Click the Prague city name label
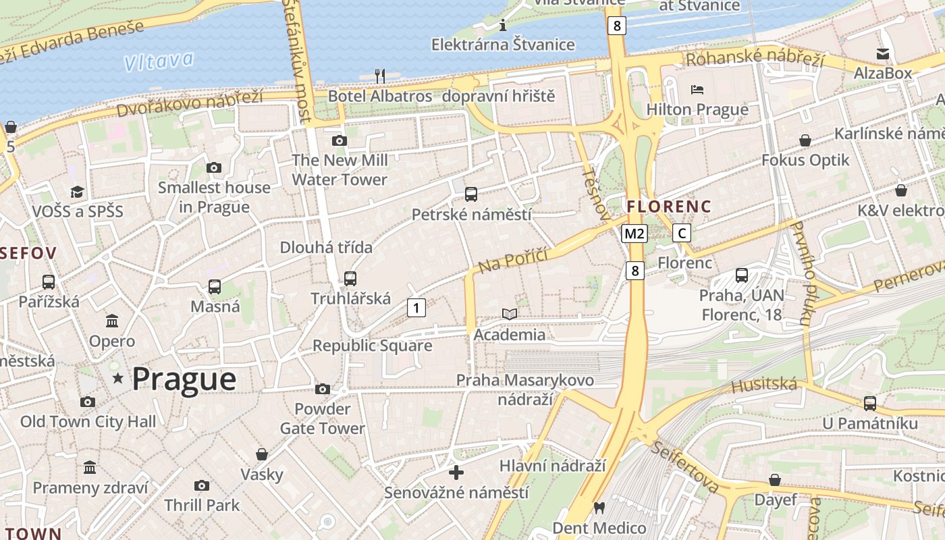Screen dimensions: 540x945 click(184, 379)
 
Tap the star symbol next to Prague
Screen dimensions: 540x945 click(118, 378)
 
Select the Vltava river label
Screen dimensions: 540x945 click(159, 61)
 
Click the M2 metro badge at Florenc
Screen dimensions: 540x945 click(634, 234)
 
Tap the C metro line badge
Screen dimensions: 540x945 click(682, 234)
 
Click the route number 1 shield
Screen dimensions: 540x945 click(416, 308)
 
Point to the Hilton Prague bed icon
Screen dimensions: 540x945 click(697, 90)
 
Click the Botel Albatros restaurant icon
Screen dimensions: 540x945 click(380, 75)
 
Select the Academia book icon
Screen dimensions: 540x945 click(510, 315)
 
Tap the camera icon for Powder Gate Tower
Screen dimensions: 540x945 click(323, 389)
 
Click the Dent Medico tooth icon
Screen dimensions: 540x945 click(599, 508)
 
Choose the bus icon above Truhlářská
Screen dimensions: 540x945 click(350, 278)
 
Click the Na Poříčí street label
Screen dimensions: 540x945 click(512, 257)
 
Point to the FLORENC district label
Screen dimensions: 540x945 click(669, 207)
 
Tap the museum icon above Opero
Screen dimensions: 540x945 click(112, 321)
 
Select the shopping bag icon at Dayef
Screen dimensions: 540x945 click(775, 480)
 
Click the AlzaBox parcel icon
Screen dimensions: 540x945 click(882, 54)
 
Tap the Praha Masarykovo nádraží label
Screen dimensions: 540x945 click(525, 389)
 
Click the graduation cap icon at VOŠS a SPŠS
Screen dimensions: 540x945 click(77, 192)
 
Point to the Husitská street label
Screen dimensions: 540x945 click(764, 385)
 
